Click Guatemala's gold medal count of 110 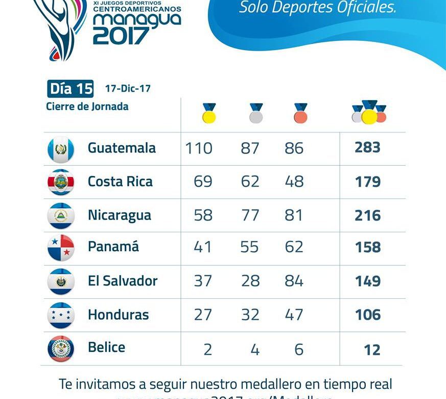[199, 148]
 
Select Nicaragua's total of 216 [368, 215]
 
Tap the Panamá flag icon [61, 248]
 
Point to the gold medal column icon [209, 113]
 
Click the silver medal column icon [256, 113]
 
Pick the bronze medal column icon [300, 113]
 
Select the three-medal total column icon [369, 112]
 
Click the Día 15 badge [71, 89]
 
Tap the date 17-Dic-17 [128, 88]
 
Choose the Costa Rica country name [120, 182]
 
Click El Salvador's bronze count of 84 [294, 281]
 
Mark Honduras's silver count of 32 [250, 315]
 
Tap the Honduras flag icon [61, 315]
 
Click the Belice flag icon [61, 349]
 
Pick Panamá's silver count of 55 [250, 248]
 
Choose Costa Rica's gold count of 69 [203, 182]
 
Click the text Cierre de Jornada [87, 106]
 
